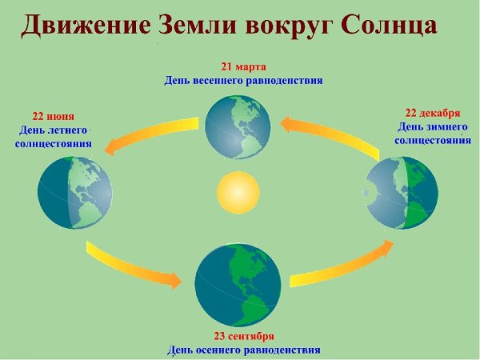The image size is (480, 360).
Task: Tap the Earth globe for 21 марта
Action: point(238,126)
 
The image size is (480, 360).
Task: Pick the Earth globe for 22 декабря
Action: point(402,194)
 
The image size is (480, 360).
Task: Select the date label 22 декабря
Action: point(433,112)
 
